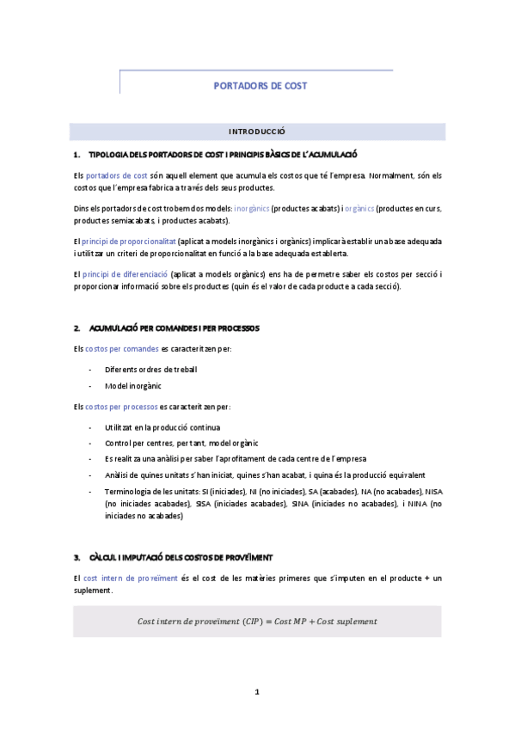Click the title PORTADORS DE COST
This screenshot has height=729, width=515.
[x=260, y=86]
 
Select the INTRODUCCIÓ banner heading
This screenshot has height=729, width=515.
[x=256, y=132]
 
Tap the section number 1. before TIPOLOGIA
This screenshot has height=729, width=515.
[x=77, y=154]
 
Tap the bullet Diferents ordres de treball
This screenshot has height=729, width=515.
[x=150, y=369]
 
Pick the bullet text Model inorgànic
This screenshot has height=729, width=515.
[x=132, y=386]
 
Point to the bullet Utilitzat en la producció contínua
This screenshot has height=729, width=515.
[x=162, y=426]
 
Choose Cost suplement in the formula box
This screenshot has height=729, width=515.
[x=347, y=621]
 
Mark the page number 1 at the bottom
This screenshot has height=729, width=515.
[x=257, y=691]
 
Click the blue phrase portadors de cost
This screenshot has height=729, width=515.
[x=117, y=175]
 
